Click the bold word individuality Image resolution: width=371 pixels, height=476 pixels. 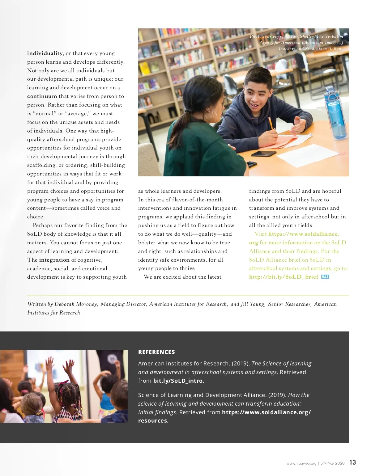coord(45,53)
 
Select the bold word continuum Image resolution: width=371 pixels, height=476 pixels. coord(42,96)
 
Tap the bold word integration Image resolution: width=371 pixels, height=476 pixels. coord(54,260)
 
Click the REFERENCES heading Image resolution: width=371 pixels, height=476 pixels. coord(156,352)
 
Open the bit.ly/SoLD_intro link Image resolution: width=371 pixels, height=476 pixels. coord(178,381)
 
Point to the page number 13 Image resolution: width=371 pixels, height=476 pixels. coord(353,462)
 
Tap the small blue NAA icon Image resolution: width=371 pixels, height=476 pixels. coord(325,277)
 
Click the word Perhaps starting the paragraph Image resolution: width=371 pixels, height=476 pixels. coord(43,225)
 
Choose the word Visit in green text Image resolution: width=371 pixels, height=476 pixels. coord(261,234)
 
